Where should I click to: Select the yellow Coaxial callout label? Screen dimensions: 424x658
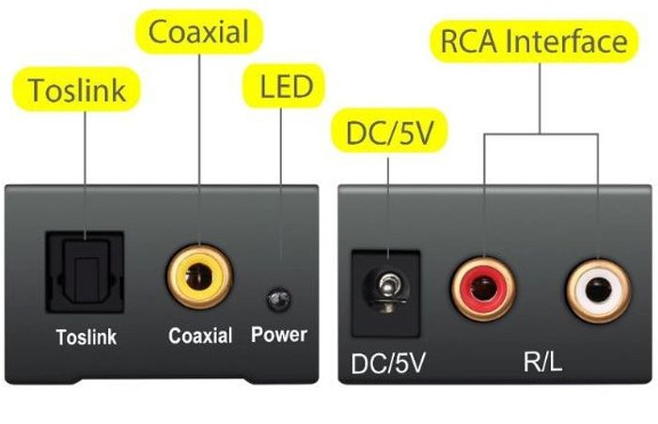199,33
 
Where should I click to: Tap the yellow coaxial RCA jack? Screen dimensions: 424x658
199,275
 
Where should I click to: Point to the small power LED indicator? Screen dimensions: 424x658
277,300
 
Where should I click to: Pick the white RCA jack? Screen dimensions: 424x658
598,290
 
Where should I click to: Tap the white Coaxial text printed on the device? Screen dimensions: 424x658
200,335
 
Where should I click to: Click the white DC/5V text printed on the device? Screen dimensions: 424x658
388,361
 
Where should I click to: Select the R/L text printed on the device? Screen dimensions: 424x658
542,361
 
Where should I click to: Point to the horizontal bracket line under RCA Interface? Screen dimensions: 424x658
541,133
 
